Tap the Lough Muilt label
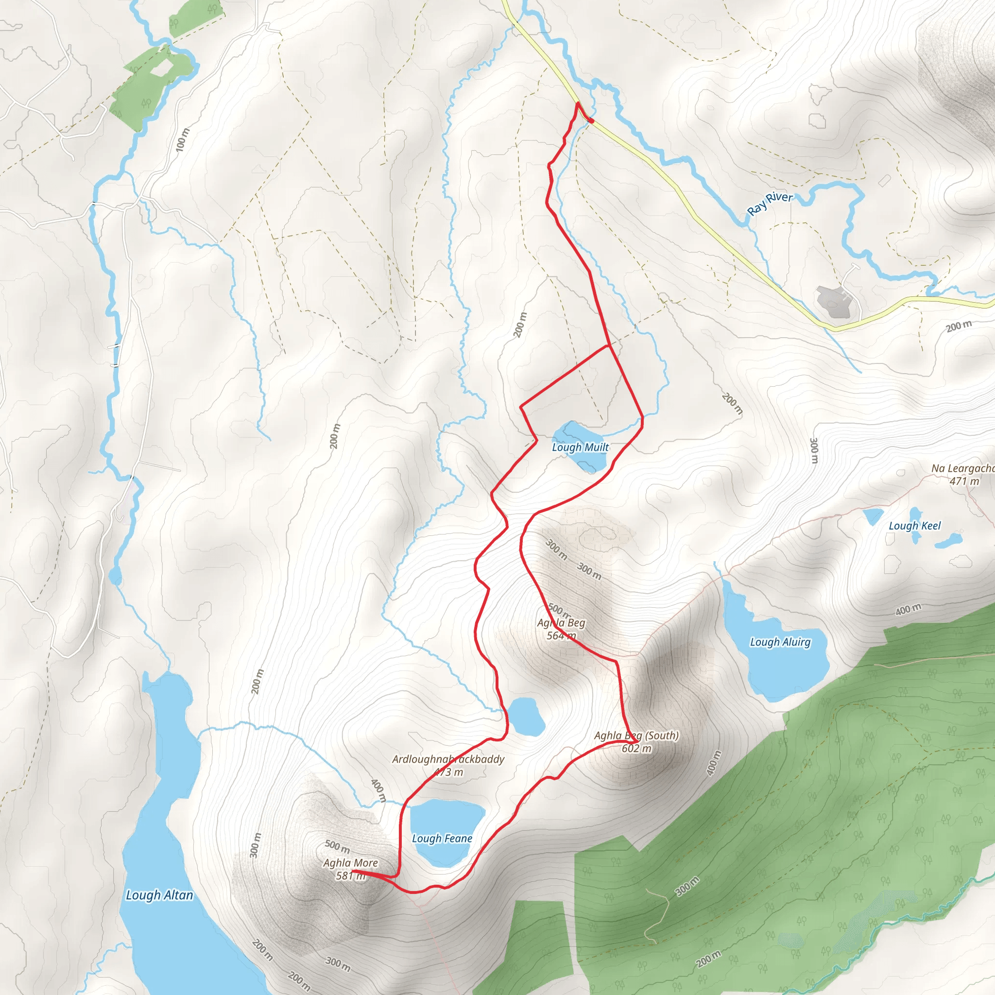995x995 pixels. tap(581, 447)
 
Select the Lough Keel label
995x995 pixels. tap(915, 526)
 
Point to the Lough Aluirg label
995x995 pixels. tap(780, 642)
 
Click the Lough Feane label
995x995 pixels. tap(442, 839)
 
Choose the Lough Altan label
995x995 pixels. tap(160, 895)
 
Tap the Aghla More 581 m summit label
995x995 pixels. tap(351, 869)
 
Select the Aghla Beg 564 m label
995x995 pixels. tap(561, 629)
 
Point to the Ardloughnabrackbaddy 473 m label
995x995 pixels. tap(448, 765)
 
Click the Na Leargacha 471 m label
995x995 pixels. tap(962, 475)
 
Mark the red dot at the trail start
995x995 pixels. tap(592, 121)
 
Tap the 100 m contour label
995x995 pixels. tap(182, 139)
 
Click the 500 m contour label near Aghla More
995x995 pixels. tap(337, 846)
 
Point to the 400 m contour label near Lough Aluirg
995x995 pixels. tap(908, 610)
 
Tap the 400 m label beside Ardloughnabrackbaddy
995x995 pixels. tap(378, 790)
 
